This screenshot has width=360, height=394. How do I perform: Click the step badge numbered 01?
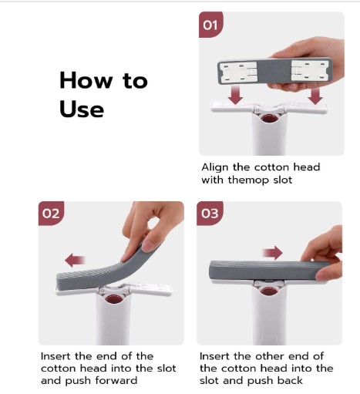pyautogui.click(x=211, y=25)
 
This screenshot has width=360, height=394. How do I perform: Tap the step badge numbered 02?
pyautogui.click(x=51, y=214)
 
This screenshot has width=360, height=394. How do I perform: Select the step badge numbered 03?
pyautogui.click(x=210, y=214)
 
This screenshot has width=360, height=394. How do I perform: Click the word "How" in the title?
pyautogui.click(x=86, y=80)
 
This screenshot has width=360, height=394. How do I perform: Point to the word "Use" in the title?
pyautogui.click(x=82, y=109)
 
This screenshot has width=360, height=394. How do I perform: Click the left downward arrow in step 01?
pyautogui.click(x=236, y=95)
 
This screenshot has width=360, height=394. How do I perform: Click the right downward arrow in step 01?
pyautogui.click(x=315, y=95)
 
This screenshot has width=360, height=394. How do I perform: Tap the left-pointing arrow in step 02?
pyautogui.click(x=75, y=260)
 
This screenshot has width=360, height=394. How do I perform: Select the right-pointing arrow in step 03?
pyautogui.click(x=272, y=253)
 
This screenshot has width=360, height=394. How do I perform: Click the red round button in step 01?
pyautogui.click(x=269, y=119)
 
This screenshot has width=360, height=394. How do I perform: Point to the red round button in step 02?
pyautogui.click(x=113, y=299)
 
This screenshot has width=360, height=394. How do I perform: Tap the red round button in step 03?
pyautogui.click(x=268, y=291)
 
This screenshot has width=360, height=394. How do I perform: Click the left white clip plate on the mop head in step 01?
pyautogui.click(x=239, y=72)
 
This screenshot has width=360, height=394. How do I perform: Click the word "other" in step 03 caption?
pyautogui.click(x=259, y=356)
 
